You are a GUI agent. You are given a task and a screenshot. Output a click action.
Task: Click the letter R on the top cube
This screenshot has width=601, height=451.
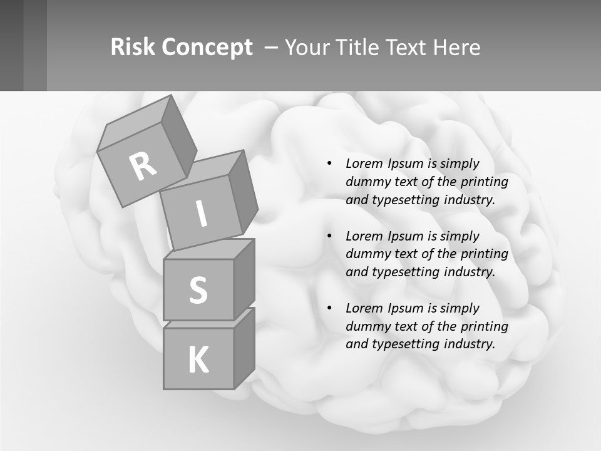coord(143,166)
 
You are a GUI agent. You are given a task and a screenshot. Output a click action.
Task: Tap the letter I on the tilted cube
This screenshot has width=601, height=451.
coord(201,214)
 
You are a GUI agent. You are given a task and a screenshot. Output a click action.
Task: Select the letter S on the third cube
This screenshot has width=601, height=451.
coord(198,290)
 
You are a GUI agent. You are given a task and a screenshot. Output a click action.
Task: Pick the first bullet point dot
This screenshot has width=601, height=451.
coord(329,164)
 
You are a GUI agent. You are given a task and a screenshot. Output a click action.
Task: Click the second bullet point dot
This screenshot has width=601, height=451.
coord(329,236)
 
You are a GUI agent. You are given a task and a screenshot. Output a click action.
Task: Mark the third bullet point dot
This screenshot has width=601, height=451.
coord(329,308)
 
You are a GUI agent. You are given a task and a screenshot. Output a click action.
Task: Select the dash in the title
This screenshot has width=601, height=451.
coord(272,48)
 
